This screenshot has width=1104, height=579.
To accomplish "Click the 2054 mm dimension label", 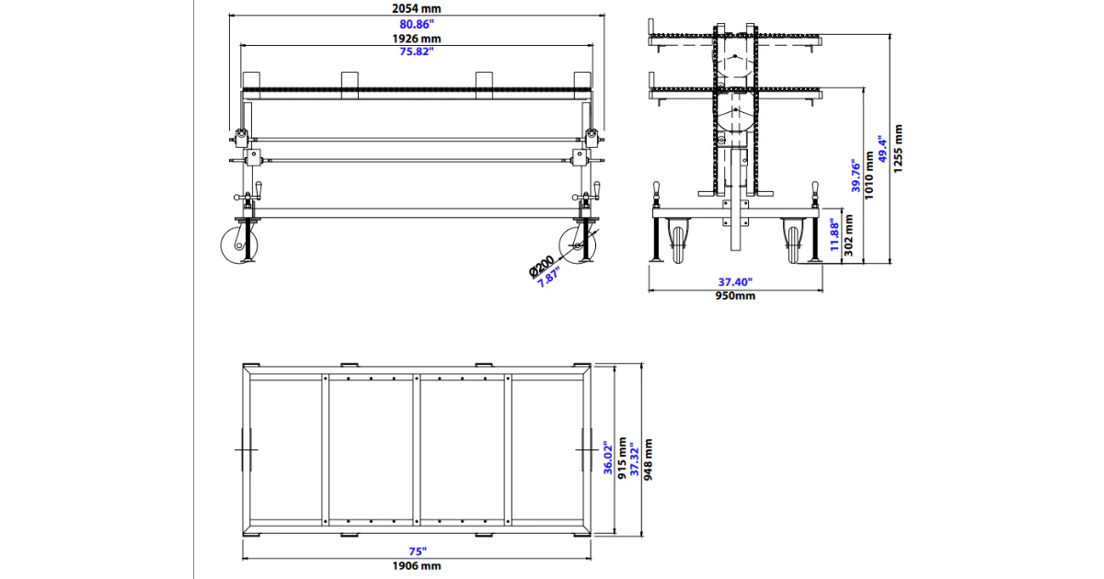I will [x=417, y=8].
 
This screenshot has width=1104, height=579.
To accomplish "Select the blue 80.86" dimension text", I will [x=417, y=24].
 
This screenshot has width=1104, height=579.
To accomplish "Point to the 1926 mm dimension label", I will [x=417, y=39].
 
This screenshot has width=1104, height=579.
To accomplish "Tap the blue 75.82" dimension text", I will [x=417, y=52].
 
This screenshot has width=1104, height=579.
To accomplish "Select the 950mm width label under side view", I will [x=736, y=296].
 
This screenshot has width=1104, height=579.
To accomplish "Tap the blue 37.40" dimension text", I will [x=736, y=282].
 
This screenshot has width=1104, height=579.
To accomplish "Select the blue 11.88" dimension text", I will [x=834, y=235].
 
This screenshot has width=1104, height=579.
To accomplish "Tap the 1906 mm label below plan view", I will [x=418, y=566].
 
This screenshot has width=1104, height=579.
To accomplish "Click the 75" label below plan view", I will [x=418, y=551].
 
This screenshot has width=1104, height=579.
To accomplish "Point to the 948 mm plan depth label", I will [x=649, y=460].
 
